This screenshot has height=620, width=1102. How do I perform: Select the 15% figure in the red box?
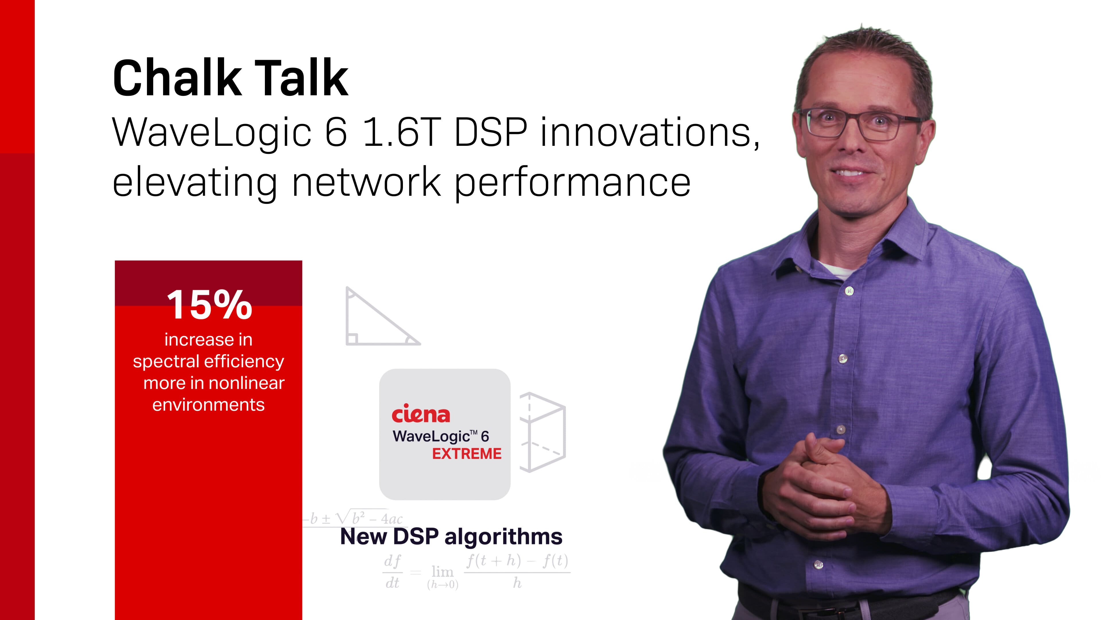pos(209,304)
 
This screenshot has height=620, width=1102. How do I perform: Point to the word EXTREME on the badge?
pos(467,454)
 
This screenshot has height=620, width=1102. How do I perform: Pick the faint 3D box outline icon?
pos(542,432)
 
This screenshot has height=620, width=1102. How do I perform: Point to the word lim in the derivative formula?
pos(442,571)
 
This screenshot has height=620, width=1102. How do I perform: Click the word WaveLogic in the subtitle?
pos(212,133)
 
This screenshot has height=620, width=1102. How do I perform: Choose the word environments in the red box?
pos(208,405)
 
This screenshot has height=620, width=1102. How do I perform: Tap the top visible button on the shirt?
pos(849,291)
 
